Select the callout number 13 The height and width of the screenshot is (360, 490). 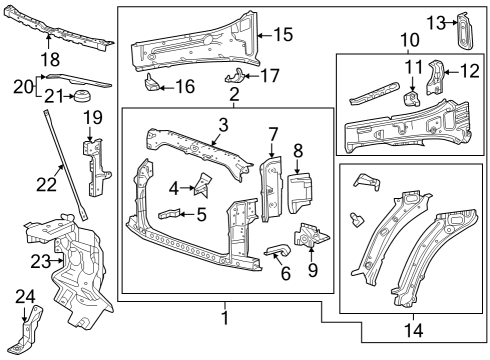pyautogui.click(x=435, y=22)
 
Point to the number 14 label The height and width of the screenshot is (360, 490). pyautogui.click(x=412, y=328)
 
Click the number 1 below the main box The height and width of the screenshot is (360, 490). pyautogui.click(x=226, y=317)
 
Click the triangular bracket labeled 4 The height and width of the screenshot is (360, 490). pyautogui.click(x=203, y=183)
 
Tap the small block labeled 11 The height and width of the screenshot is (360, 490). pyautogui.click(x=410, y=98)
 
